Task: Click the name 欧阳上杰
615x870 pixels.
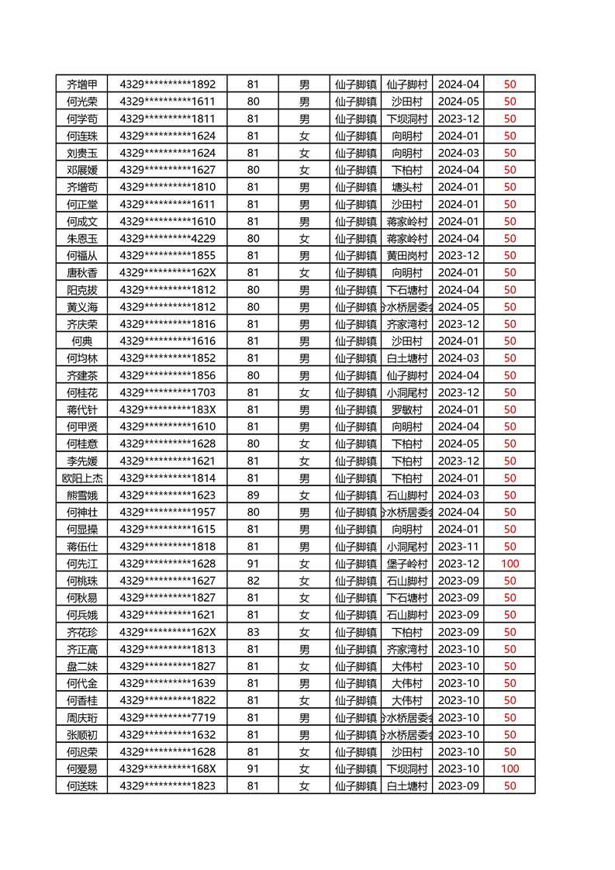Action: coord(82,478)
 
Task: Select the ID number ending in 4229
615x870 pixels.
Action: coord(168,238)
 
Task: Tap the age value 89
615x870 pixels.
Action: coord(253,495)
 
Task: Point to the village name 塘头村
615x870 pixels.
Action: coord(406,187)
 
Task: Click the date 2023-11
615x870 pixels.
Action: coord(458,546)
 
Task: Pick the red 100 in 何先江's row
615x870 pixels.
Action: coord(510,563)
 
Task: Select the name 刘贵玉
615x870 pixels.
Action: coord(82,153)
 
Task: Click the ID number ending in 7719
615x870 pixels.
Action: coord(168,717)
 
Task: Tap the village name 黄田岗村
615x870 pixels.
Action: coord(406,255)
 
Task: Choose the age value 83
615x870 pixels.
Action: coord(253,632)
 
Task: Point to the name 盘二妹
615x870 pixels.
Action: coord(82,666)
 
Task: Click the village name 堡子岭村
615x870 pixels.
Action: coord(406,563)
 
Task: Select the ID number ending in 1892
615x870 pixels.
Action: coord(168,84)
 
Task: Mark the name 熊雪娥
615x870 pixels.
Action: coord(82,495)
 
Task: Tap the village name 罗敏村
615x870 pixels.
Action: coord(406,409)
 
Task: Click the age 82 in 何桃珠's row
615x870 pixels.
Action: coord(253,581)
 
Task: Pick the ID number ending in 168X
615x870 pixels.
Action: coord(168,768)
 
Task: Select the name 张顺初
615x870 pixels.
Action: coord(82,734)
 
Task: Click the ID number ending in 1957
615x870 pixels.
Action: coord(168,512)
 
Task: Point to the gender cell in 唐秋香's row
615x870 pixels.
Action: coord(304,272)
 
